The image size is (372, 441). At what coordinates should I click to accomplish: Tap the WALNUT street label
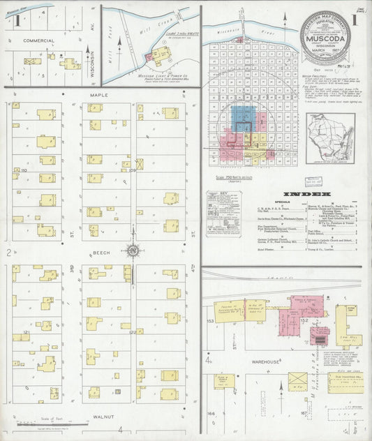click(x=103, y=416)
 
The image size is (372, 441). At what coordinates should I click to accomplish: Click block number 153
click(x=209, y=320)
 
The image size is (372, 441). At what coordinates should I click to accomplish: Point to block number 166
click(x=209, y=414)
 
